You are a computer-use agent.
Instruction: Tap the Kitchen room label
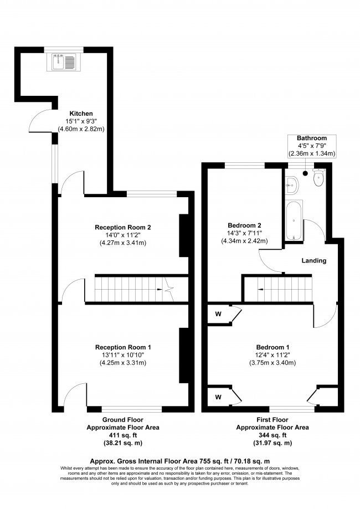coord(81,114)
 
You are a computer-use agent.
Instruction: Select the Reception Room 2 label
coord(123,227)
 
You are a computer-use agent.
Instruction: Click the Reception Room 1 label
coord(123,347)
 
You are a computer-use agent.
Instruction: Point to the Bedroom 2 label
coord(244,225)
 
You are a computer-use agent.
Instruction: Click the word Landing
coord(313,260)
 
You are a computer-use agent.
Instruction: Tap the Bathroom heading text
coord(312,138)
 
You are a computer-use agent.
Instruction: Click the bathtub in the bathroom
coord(292,220)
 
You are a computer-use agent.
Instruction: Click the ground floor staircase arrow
coord(166,289)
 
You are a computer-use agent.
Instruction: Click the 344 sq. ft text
coord(272,436)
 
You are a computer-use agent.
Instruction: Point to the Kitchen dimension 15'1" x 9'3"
coord(81,121)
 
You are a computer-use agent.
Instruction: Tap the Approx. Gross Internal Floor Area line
coord(179,461)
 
